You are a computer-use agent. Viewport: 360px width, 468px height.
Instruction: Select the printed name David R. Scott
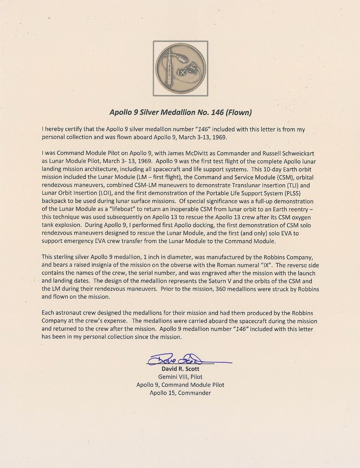(180, 369)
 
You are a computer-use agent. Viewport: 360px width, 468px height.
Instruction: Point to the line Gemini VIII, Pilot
(180, 377)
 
